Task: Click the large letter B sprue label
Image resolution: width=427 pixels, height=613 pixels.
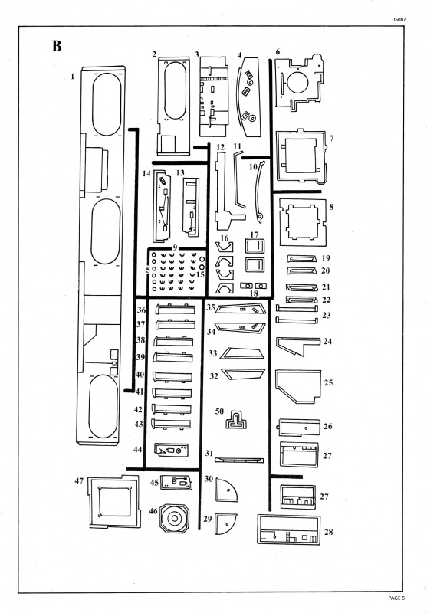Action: [57, 46]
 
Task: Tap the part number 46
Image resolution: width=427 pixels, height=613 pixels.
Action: [153, 511]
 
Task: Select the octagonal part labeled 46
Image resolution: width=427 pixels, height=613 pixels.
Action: [174, 518]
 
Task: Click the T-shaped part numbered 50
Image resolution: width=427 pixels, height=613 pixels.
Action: [236, 419]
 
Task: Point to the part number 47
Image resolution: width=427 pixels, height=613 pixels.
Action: [79, 481]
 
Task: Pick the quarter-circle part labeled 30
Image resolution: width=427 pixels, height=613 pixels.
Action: [226, 490]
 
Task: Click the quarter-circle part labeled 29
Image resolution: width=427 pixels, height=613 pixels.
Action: [225, 524]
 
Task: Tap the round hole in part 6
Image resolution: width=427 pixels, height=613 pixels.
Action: [297, 82]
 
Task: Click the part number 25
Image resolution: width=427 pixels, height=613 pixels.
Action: [328, 382]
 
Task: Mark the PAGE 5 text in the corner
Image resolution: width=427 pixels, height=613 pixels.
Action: [396, 598]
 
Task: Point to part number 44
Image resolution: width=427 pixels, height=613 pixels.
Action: [138, 450]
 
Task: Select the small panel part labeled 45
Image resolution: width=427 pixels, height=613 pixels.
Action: [177, 483]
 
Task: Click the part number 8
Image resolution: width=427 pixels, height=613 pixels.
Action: [332, 206]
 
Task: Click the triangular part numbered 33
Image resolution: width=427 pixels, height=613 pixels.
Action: [242, 353]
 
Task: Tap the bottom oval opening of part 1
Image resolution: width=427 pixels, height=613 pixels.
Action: [103, 406]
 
